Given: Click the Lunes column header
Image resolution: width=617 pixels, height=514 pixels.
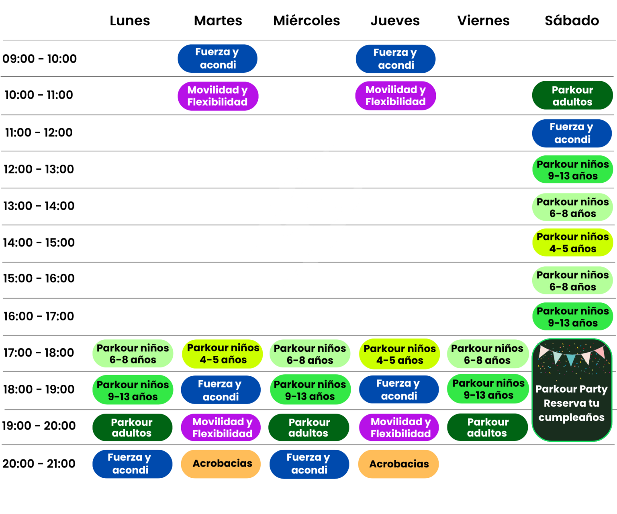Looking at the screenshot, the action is [130, 20].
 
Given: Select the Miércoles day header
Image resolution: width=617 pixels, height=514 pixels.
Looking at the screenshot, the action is [306, 20].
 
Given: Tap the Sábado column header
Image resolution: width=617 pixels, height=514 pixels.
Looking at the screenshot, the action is [572, 20].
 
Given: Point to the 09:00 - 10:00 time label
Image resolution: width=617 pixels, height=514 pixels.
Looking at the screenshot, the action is [39, 59].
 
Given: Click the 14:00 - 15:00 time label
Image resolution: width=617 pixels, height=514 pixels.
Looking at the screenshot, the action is [39, 243].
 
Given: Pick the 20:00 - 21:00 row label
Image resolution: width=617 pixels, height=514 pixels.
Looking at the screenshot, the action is [39, 463].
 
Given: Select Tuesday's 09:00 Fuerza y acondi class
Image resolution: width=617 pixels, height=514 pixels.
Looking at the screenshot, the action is [217, 59].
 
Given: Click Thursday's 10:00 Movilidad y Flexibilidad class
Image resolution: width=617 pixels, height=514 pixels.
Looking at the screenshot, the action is [395, 96].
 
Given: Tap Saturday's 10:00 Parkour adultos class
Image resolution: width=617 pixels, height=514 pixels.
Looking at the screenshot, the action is [572, 96].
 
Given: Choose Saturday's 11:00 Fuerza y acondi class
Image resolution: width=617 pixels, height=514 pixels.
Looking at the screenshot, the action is [572, 133].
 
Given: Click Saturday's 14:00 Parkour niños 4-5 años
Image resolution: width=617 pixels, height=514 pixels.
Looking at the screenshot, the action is [573, 243].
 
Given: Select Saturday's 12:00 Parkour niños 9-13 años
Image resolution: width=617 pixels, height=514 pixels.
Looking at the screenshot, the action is [573, 169].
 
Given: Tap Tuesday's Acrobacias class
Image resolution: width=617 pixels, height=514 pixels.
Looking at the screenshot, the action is [221, 464].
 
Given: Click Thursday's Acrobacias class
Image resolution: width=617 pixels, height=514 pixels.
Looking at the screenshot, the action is [398, 464].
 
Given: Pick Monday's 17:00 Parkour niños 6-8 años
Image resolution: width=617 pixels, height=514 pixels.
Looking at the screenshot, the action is [133, 354].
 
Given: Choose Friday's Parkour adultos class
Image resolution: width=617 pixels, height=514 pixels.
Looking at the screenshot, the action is [487, 427].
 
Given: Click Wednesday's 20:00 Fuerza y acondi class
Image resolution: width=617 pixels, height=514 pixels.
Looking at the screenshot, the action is [309, 464].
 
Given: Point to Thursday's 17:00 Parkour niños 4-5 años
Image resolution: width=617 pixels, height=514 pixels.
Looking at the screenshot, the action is [399, 354].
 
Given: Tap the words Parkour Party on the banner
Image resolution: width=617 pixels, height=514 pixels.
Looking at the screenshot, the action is [572, 389].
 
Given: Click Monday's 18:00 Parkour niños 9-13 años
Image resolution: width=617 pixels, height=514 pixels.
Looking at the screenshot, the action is [133, 390].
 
